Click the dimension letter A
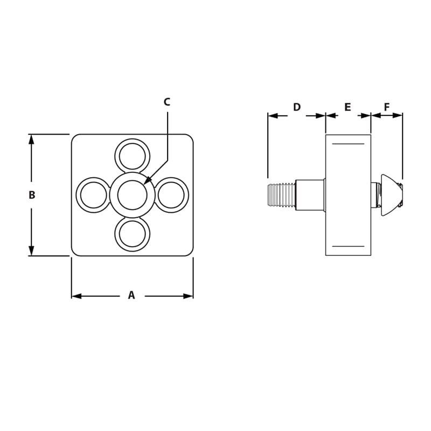pyautogui.click(x=131, y=295)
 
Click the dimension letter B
pyautogui.click(x=32, y=195)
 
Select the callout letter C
pyautogui.click(x=167, y=102)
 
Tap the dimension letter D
pyautogui.click(x=297, y=107)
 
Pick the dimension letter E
pyautogui.click(x=347, y=107)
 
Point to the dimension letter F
pyautogui.click(x=387, y=107)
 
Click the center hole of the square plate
pyautogui.click(x=133, y=195)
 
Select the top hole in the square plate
pyautogui.click(x=133, y=156)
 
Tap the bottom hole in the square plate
pyautogui.click(x=133, y=234)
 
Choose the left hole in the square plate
pyautogui.click(x=94, y=195)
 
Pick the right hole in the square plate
pyautogui.click(x=171, y=195)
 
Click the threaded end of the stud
pyautogui.click(x=281, y=195)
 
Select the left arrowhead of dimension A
pyautogui.click(x=75, y=296)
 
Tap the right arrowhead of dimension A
pyautogui.click(x=189, y=296)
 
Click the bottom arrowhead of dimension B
pyautogui.click(x=31, y=252)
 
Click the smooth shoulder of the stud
pyautogui.click(x=310, y=195)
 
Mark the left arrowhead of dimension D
pyautogui.click(x=272, y=115)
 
